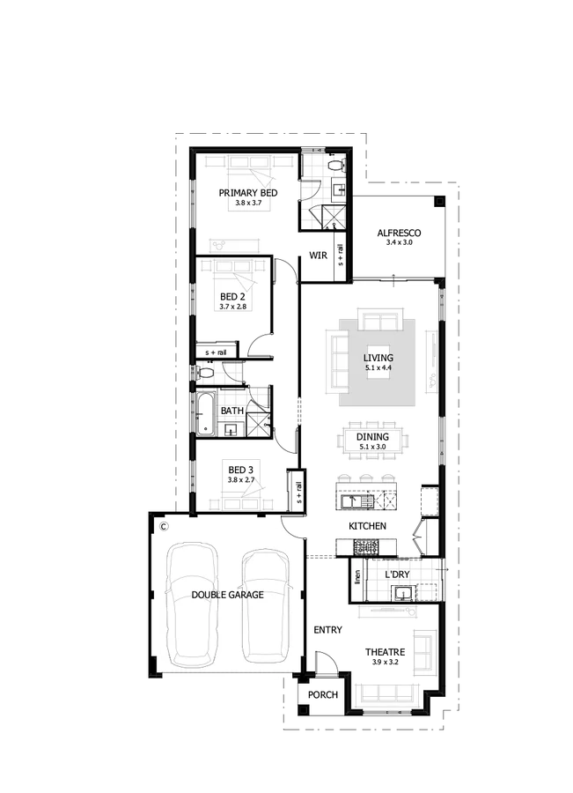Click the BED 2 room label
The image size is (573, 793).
tap(232, 296)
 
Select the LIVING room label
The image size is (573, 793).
tap(378, 358)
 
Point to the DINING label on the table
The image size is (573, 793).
tap(373, 437)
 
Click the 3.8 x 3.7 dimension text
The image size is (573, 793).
tap(248, 203)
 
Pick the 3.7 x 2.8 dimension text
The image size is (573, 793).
tap(233, 307)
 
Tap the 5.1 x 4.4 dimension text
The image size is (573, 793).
tap(378, 368)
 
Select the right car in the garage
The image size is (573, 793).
tap(266, 606)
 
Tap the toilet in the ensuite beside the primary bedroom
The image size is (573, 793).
tap(334, 166)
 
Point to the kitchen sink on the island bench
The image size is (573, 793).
tap(349, 501)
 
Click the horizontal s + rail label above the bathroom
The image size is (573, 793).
tap(217, 352)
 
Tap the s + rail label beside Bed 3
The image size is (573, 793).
tap(299, 492)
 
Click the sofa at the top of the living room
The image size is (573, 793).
tap(380, 319)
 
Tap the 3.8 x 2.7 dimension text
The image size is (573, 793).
tap(240, 480)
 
